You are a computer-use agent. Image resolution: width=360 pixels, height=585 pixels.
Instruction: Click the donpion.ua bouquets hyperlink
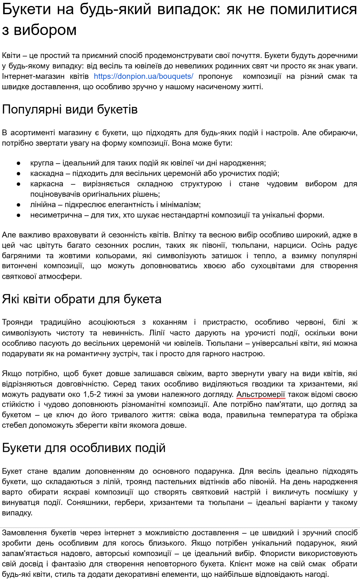[143, 76]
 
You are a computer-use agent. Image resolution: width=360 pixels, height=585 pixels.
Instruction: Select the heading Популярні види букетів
[70, 109]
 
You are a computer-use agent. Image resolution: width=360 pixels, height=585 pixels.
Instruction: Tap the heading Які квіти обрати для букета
[81, 299]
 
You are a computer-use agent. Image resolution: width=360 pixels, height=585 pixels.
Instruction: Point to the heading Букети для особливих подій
[84, 448]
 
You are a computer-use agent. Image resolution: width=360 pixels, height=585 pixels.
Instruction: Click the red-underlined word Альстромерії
[261, 395]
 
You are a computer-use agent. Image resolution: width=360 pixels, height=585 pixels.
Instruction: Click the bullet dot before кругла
[19, 163]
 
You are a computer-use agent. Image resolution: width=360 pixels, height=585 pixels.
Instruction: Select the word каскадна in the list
[47, 173]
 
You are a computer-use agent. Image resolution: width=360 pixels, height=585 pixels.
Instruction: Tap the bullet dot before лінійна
[19, 205]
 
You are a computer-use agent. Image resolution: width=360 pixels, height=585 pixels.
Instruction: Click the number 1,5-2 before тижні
[92, 395]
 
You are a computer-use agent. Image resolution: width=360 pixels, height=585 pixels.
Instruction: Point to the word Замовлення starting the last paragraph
[24, 533]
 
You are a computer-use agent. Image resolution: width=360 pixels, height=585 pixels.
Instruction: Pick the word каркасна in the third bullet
[47, 184]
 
